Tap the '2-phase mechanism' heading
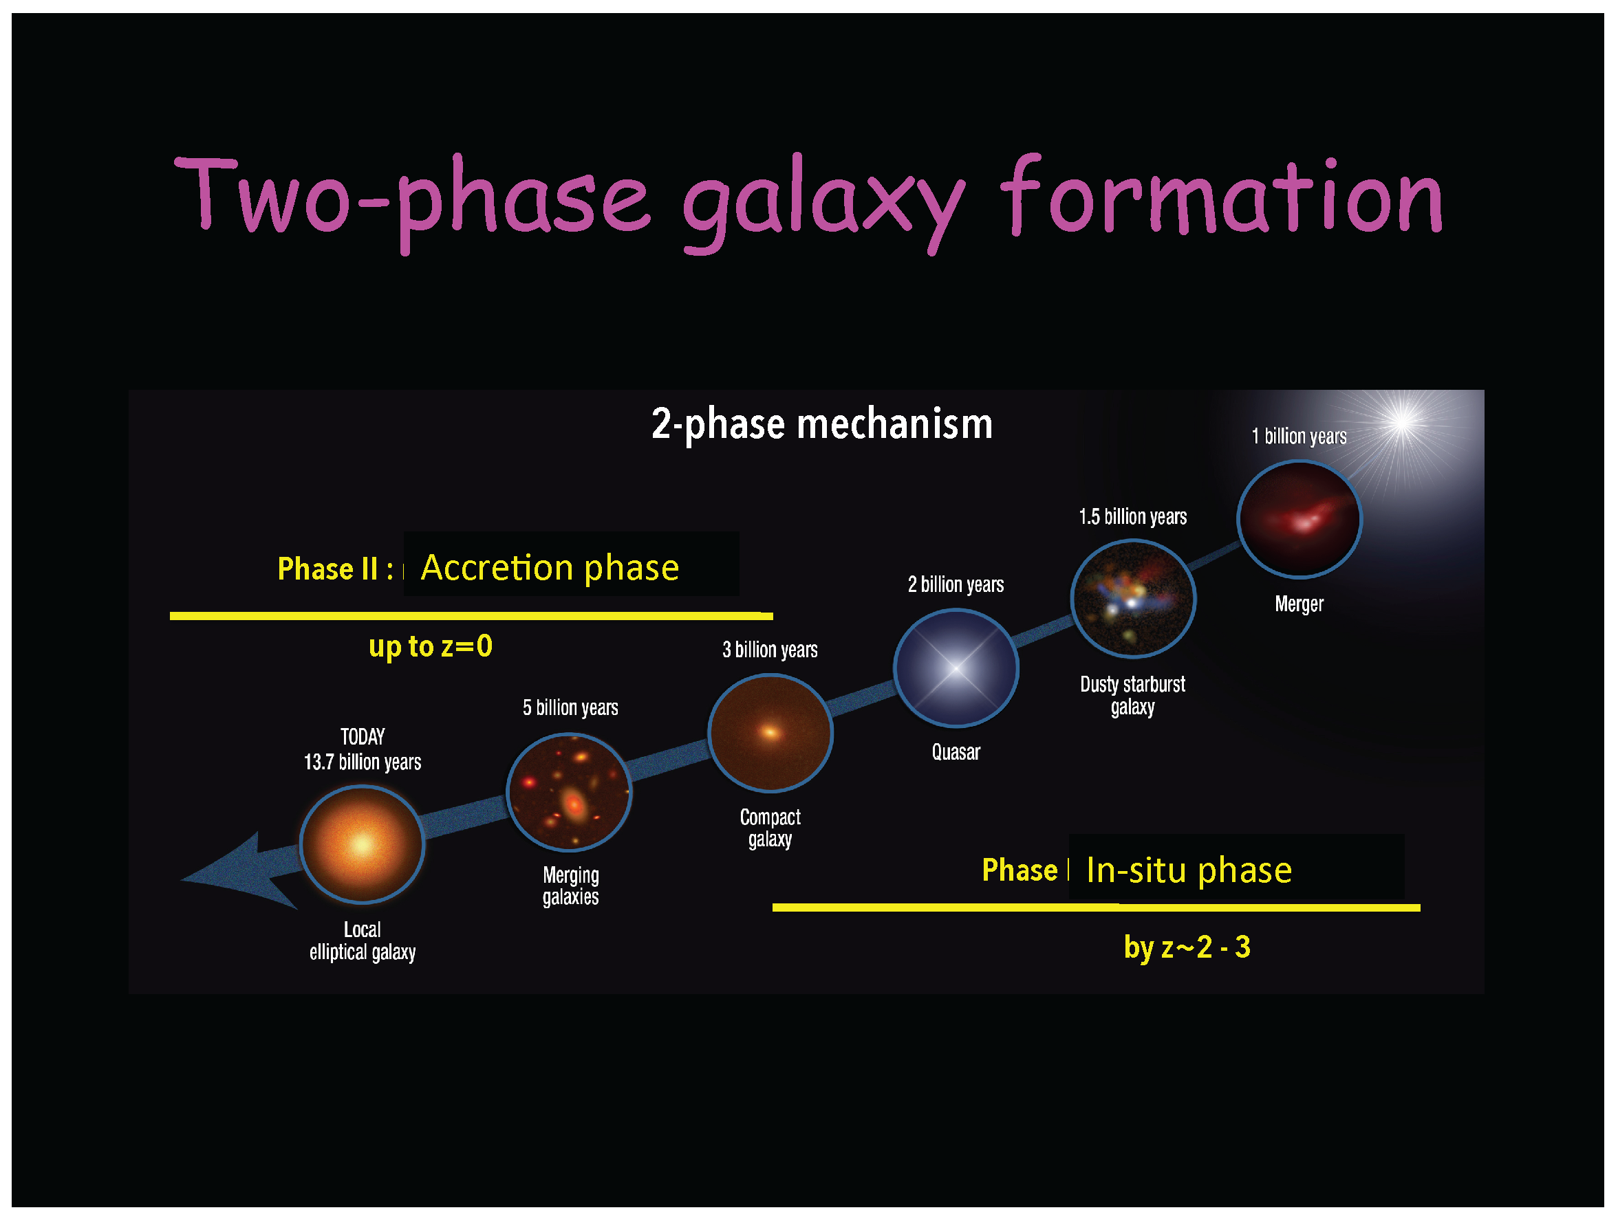pyautogui.click(x=821, y=424)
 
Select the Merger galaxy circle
pyautogui.click(x=1298, y=519)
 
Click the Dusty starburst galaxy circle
pyautogui.click(x=1132, y=599)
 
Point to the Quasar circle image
pyautogui.click(x=956, y=668)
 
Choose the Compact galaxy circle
pyautogui.click(x=770, y=733)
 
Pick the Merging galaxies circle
pyautogui.click(x=569, y=792)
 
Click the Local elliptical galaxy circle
pyautogui.click(x=362, y=844)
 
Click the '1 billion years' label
pyautogui.click(x=1298, y=437)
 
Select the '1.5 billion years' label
pyautogui.click(x=1132, y=517)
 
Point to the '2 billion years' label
pyautogui.click(x=956, y=585)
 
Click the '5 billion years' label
pyautogui.click(x=570, y=707)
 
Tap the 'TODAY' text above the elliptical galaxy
pyautogui.click(x=362, y=736)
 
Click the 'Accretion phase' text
pyautogui.click(x=550, y=567)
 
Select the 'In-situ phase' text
pyautogui.click(x=1189, y=870)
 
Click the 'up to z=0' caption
pyautogui.click(x=430, y=646)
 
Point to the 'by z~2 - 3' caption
pyautogui.click(x=1187, y=947)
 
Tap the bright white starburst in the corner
pyautogui.click(x=1402, y=422)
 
